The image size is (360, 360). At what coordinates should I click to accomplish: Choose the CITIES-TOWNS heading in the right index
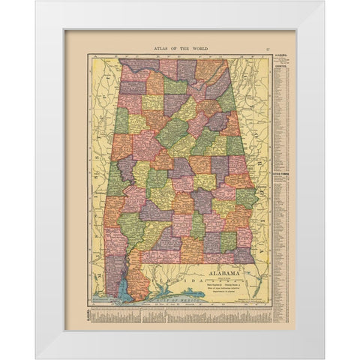pyautogui.click(x=284, y=175)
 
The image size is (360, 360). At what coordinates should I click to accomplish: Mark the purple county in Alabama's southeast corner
pyautogui.click(x=243, y=256)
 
